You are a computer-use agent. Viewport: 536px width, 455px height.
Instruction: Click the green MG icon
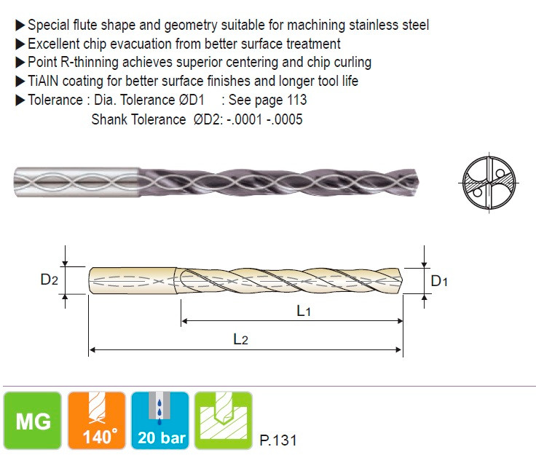[x=33, y=421]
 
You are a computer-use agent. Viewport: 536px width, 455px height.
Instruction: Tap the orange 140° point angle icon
[x=97, y=421]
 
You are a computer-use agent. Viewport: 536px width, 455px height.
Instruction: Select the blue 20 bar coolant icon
[x=160, y=421]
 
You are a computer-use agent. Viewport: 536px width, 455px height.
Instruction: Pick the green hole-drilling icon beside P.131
[x=224, y=421]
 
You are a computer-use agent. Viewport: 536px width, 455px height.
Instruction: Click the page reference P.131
[x=278, y=440]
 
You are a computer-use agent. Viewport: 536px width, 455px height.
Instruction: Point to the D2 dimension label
[x=49, y=280]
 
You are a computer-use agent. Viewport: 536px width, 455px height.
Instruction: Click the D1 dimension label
[x=439, y=281]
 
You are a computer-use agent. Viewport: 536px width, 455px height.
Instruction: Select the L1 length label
[x=304, y=311]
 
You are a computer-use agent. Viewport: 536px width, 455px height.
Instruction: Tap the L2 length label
[x=240, y=339]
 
